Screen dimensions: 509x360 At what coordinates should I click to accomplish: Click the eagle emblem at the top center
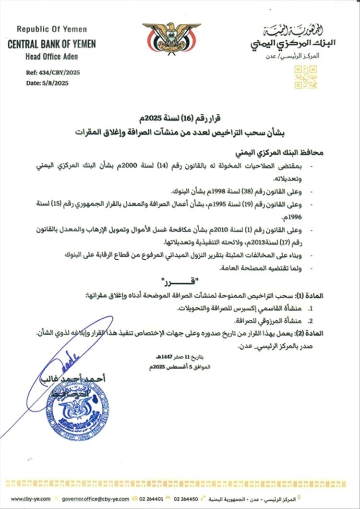tap(171, 38)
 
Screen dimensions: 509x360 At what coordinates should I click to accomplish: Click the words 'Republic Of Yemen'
tap(52, 29)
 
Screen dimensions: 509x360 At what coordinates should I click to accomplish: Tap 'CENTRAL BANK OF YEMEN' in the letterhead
tap(52, 44)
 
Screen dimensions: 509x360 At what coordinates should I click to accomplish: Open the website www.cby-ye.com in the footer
tap(31, 499)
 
